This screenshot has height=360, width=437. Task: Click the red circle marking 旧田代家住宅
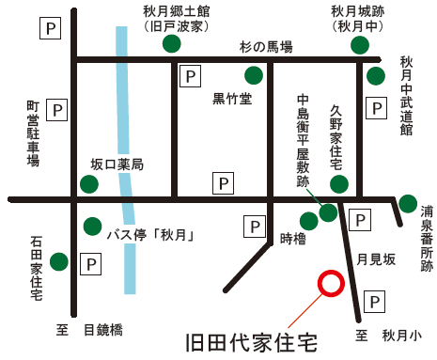[331, 283]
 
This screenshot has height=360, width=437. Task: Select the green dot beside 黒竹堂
[253, 75]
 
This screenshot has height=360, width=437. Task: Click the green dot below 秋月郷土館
[171, 43]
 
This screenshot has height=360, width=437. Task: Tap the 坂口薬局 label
[117, 164]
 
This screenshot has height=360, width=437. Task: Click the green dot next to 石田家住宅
[58, 261]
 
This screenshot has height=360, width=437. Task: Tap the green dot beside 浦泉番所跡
[408, 204]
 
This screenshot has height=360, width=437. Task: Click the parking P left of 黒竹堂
[190, 75]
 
